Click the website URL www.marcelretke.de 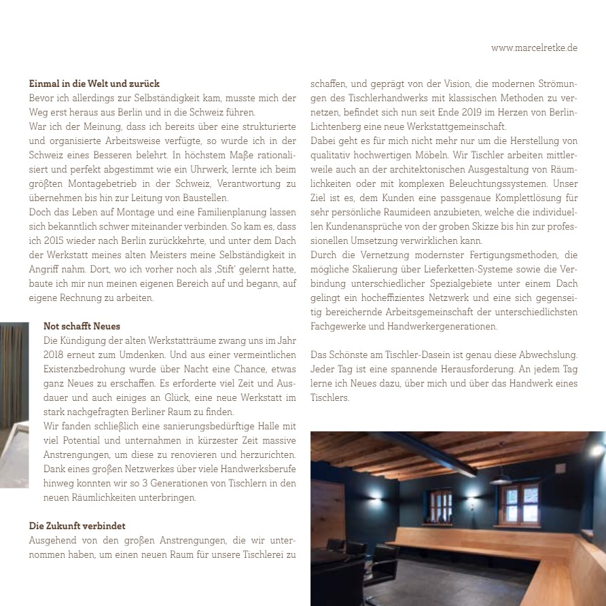[534, 48]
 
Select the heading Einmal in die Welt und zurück [94, 84]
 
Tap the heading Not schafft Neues [82, 326]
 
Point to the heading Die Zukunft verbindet [77, 526]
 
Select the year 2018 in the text [57, 355]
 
